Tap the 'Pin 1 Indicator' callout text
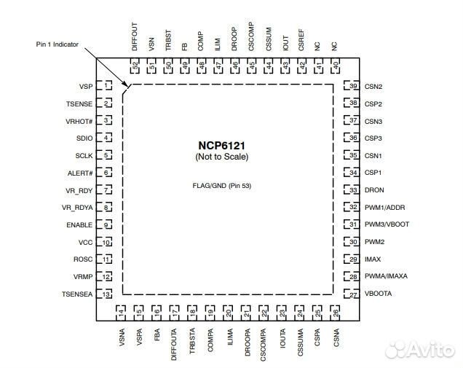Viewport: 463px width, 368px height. pyautogui.click(x=57, y=44)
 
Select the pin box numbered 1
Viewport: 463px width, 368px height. pyautogui.click(x=107, y=86)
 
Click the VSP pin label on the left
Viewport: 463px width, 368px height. pyautogui.click(x=85, y=86)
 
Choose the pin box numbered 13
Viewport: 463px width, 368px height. pyautogui.click(x=107, y=294)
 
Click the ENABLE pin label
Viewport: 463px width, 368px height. pyautogui.click(x=79, y=225)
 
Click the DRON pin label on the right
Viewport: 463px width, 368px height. pyautogui.click(x=374, y=190)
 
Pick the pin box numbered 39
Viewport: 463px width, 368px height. pyautogui.click(x=354, y=87)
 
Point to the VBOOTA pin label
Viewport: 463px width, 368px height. pyautogui.click(x=379, y=294)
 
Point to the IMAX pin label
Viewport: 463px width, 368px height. pyautogui.click(x=373, y=259)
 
